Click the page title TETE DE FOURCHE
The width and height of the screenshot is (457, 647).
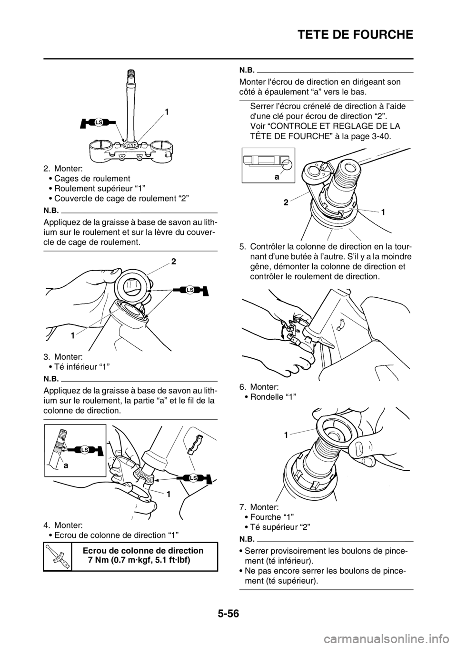[355, 34]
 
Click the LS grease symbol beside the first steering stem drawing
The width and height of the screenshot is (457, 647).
[99, 122]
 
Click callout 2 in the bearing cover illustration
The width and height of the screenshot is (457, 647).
[173, 262]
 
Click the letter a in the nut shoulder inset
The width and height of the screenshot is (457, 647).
[277, 177]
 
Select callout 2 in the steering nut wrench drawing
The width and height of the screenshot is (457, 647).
[286, 203]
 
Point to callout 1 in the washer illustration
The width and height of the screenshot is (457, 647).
[285, 435]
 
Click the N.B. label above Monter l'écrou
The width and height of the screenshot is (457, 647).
[247, 70]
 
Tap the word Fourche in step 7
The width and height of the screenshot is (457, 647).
[262, 516]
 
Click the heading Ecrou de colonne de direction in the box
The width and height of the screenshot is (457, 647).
[143, 551]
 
